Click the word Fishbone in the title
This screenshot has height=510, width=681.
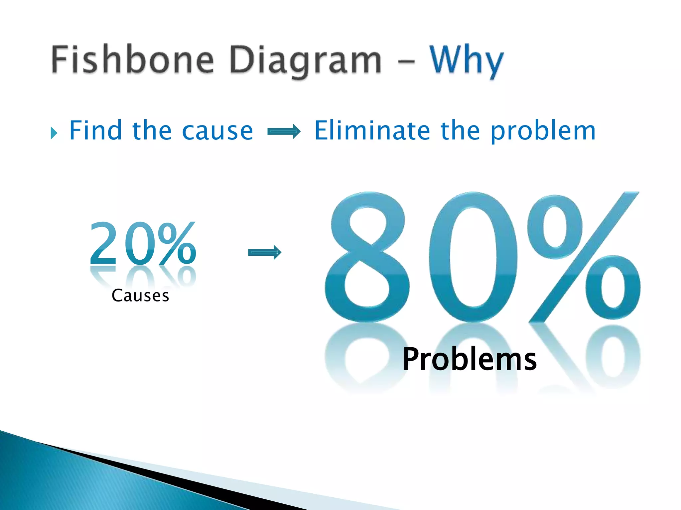[x=132, y=60]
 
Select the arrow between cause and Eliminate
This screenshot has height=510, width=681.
[x=284, y=132]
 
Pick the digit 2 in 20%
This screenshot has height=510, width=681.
[x=103, y=243]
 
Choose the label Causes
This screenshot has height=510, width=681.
[x=140, y=295]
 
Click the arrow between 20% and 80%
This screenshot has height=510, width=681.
[x=265, y=253]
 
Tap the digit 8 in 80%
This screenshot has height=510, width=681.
[x=367, y=257]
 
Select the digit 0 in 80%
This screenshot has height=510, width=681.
[x=473, y=257]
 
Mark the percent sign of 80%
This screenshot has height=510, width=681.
[x=584, y=257]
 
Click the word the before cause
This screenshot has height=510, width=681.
[x=152, y=130]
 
